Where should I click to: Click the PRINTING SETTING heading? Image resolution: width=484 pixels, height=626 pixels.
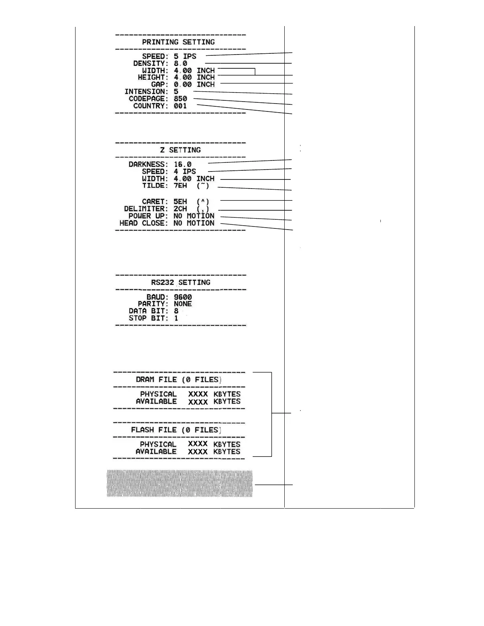point(178,42)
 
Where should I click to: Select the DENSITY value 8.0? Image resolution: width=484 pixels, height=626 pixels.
point(180,63)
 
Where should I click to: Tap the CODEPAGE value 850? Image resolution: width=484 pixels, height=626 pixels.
point(180,98)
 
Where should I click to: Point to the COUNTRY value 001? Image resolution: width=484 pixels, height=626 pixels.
point(180,106)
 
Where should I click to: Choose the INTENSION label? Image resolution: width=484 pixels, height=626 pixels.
point(146,91)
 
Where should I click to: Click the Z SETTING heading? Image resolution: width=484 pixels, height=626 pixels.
point(180,150)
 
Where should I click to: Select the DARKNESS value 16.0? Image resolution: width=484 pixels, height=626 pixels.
point(182,164)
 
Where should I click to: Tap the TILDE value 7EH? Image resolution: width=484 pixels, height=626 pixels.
point(180,185)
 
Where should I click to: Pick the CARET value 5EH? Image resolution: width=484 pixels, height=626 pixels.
point(180,202)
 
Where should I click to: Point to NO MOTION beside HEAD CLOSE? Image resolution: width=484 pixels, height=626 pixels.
point(194,223)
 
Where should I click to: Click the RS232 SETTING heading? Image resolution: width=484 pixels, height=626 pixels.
point(180,282)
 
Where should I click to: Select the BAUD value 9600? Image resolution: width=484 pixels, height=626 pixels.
point(183,297)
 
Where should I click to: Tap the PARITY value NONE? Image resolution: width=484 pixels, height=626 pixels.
point(183,304)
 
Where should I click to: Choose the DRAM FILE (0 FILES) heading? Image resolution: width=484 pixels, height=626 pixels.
point(178,379)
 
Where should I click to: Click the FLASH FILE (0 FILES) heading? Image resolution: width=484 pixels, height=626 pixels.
point(176,430)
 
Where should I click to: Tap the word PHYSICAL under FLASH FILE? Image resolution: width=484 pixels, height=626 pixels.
point(158,444)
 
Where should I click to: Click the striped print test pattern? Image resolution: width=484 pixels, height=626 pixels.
point(180,483)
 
